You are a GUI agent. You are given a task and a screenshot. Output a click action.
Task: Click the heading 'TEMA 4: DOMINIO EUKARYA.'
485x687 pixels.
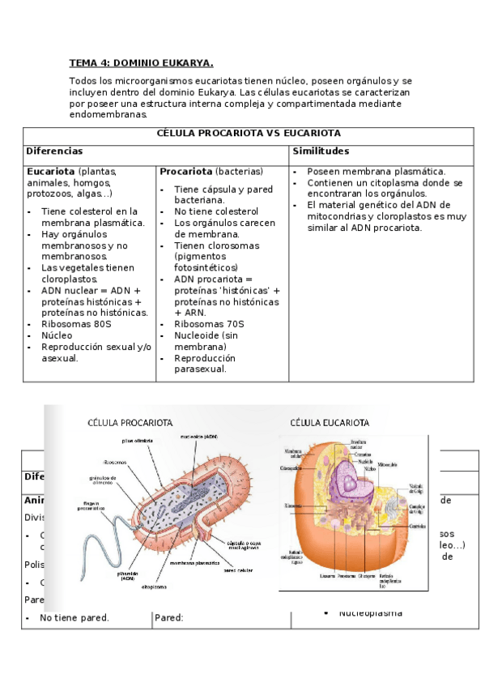click(141, 63)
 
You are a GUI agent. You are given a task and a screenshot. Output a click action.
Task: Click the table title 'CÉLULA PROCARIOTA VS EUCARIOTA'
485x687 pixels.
click(248, 134)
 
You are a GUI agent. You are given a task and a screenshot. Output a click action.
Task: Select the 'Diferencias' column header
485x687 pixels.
click(54, 151)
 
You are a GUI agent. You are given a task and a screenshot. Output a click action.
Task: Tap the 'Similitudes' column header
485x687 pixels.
click(321, 151)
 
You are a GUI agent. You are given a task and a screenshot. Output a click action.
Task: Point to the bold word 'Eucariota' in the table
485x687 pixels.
click(51, 172)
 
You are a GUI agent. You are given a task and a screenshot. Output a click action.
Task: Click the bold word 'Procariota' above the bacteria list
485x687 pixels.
click(185, 172)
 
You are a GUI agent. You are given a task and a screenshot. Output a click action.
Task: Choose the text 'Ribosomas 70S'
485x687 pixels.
click(208, 324)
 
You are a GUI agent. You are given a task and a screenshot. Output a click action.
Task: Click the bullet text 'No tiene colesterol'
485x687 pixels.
click(214, 211)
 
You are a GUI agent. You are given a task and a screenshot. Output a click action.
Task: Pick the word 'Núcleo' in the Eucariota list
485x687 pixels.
click(57, 335)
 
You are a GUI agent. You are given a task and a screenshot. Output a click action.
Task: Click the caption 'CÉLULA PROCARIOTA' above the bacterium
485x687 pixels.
click(130, 423)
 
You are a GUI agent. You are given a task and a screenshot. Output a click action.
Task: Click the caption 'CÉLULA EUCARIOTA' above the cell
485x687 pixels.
click(330, 423)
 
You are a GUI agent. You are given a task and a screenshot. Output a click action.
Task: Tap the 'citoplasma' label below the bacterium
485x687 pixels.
click(154, 585)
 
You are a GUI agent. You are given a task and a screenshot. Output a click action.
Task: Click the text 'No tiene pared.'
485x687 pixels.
click(74, 617)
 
